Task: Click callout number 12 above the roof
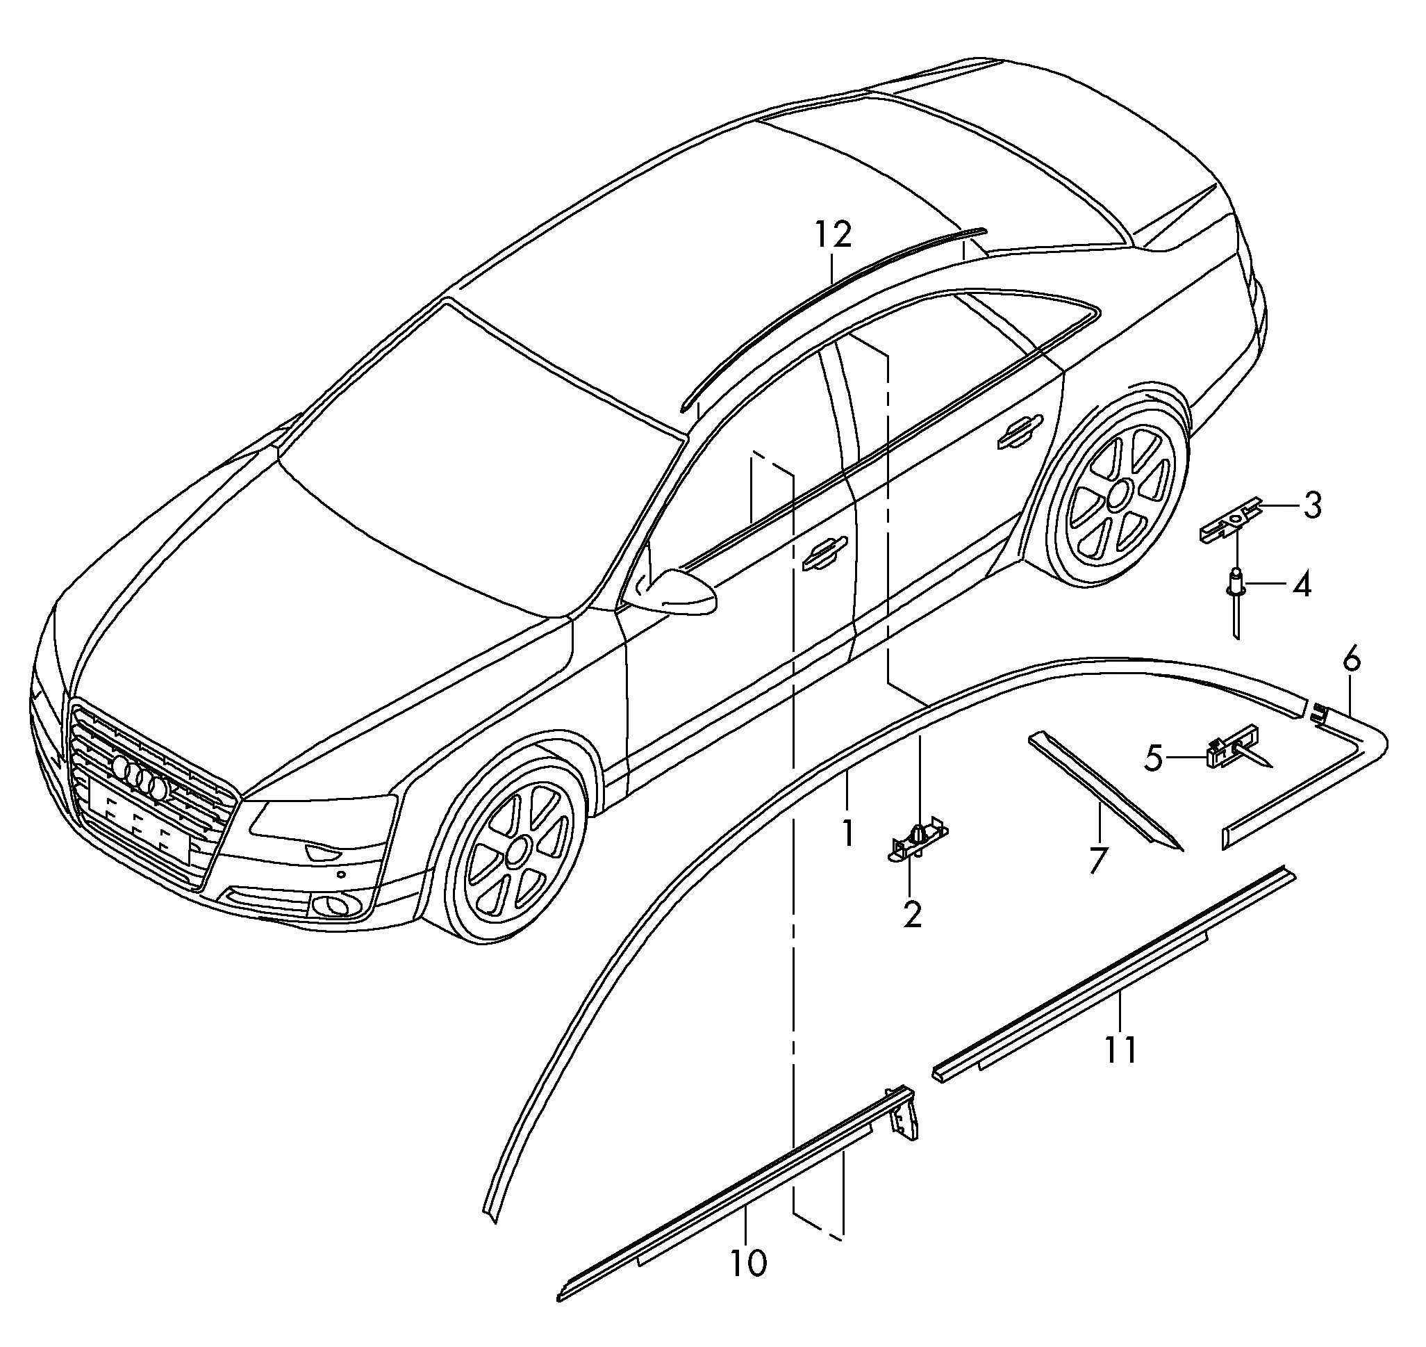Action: pos(834,235)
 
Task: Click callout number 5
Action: pos(1153,758)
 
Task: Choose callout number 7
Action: pos(1098,860)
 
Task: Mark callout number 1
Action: pos(847,833)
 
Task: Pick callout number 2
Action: pos(912,915)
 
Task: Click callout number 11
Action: pos(1120,1050)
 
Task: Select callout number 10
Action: pos(748,1262)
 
